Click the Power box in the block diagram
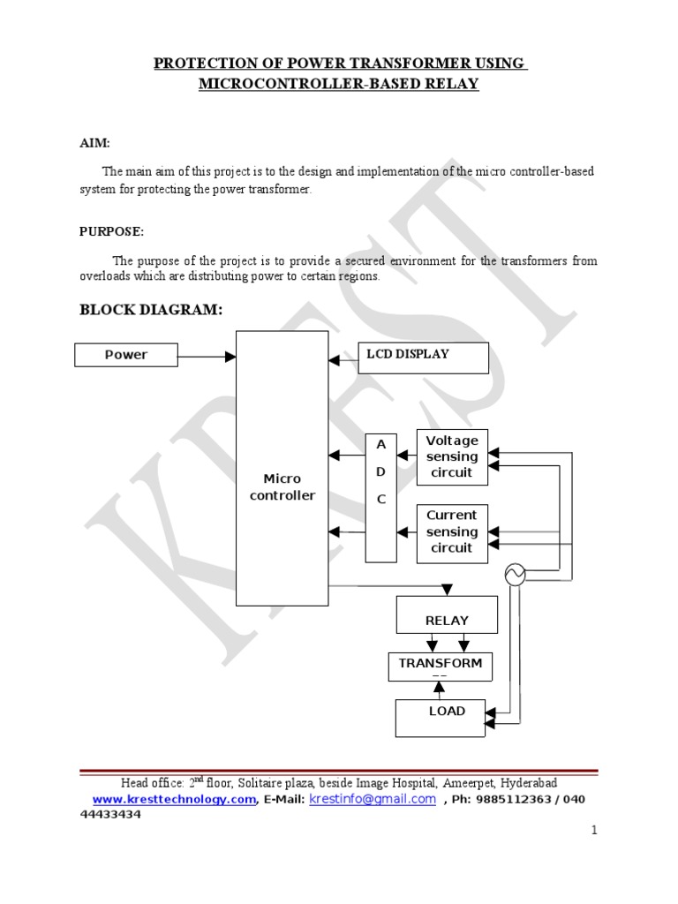click(126, 355)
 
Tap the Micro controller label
click(282, 487)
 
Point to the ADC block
click(381, 498)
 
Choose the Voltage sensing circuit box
click(452, 456)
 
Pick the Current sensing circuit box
click(452, 531)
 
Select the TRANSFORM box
click(441, 667)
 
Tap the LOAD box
click(441, 717)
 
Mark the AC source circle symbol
click(515, 575)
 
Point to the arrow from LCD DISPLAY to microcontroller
click(343, 360)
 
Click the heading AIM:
click(95, 143)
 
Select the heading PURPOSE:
click(111, 231)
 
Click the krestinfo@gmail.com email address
click(373, 799)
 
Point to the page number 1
click(594, 830)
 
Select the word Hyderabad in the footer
click(528, 783)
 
